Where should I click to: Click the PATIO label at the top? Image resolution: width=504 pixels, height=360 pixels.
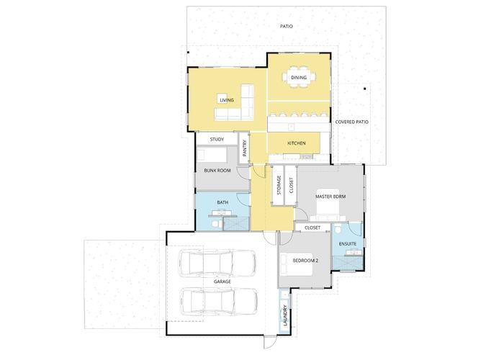(286, 26)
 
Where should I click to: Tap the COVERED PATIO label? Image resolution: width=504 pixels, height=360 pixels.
(351, 122)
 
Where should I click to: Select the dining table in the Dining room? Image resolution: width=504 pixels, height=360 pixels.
(299, 77)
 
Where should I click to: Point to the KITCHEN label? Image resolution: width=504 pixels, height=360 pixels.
(297, 143)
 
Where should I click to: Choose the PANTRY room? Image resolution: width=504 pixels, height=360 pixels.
(244, 148)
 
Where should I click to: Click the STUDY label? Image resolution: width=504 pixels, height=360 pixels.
(217, 139)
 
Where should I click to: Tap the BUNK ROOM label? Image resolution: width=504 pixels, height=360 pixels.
(217, 171)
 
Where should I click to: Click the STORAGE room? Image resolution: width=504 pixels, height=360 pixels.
(278, 185)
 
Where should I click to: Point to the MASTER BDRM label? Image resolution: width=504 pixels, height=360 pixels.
(330, 197)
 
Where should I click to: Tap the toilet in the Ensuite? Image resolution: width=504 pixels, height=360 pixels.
(338, 230)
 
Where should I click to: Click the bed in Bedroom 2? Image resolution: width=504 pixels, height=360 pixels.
(297, 264)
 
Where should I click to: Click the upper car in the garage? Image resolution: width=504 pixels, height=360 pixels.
(217, 264)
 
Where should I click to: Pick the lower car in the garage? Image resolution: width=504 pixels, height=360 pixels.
(219, 302)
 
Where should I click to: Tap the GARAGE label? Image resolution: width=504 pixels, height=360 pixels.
(222, 282)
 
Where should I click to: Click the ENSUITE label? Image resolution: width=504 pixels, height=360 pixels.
(348, 244)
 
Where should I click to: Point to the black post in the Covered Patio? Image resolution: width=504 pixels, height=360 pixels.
(365, 89)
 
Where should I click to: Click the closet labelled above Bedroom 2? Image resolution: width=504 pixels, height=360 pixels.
(312, 228)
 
